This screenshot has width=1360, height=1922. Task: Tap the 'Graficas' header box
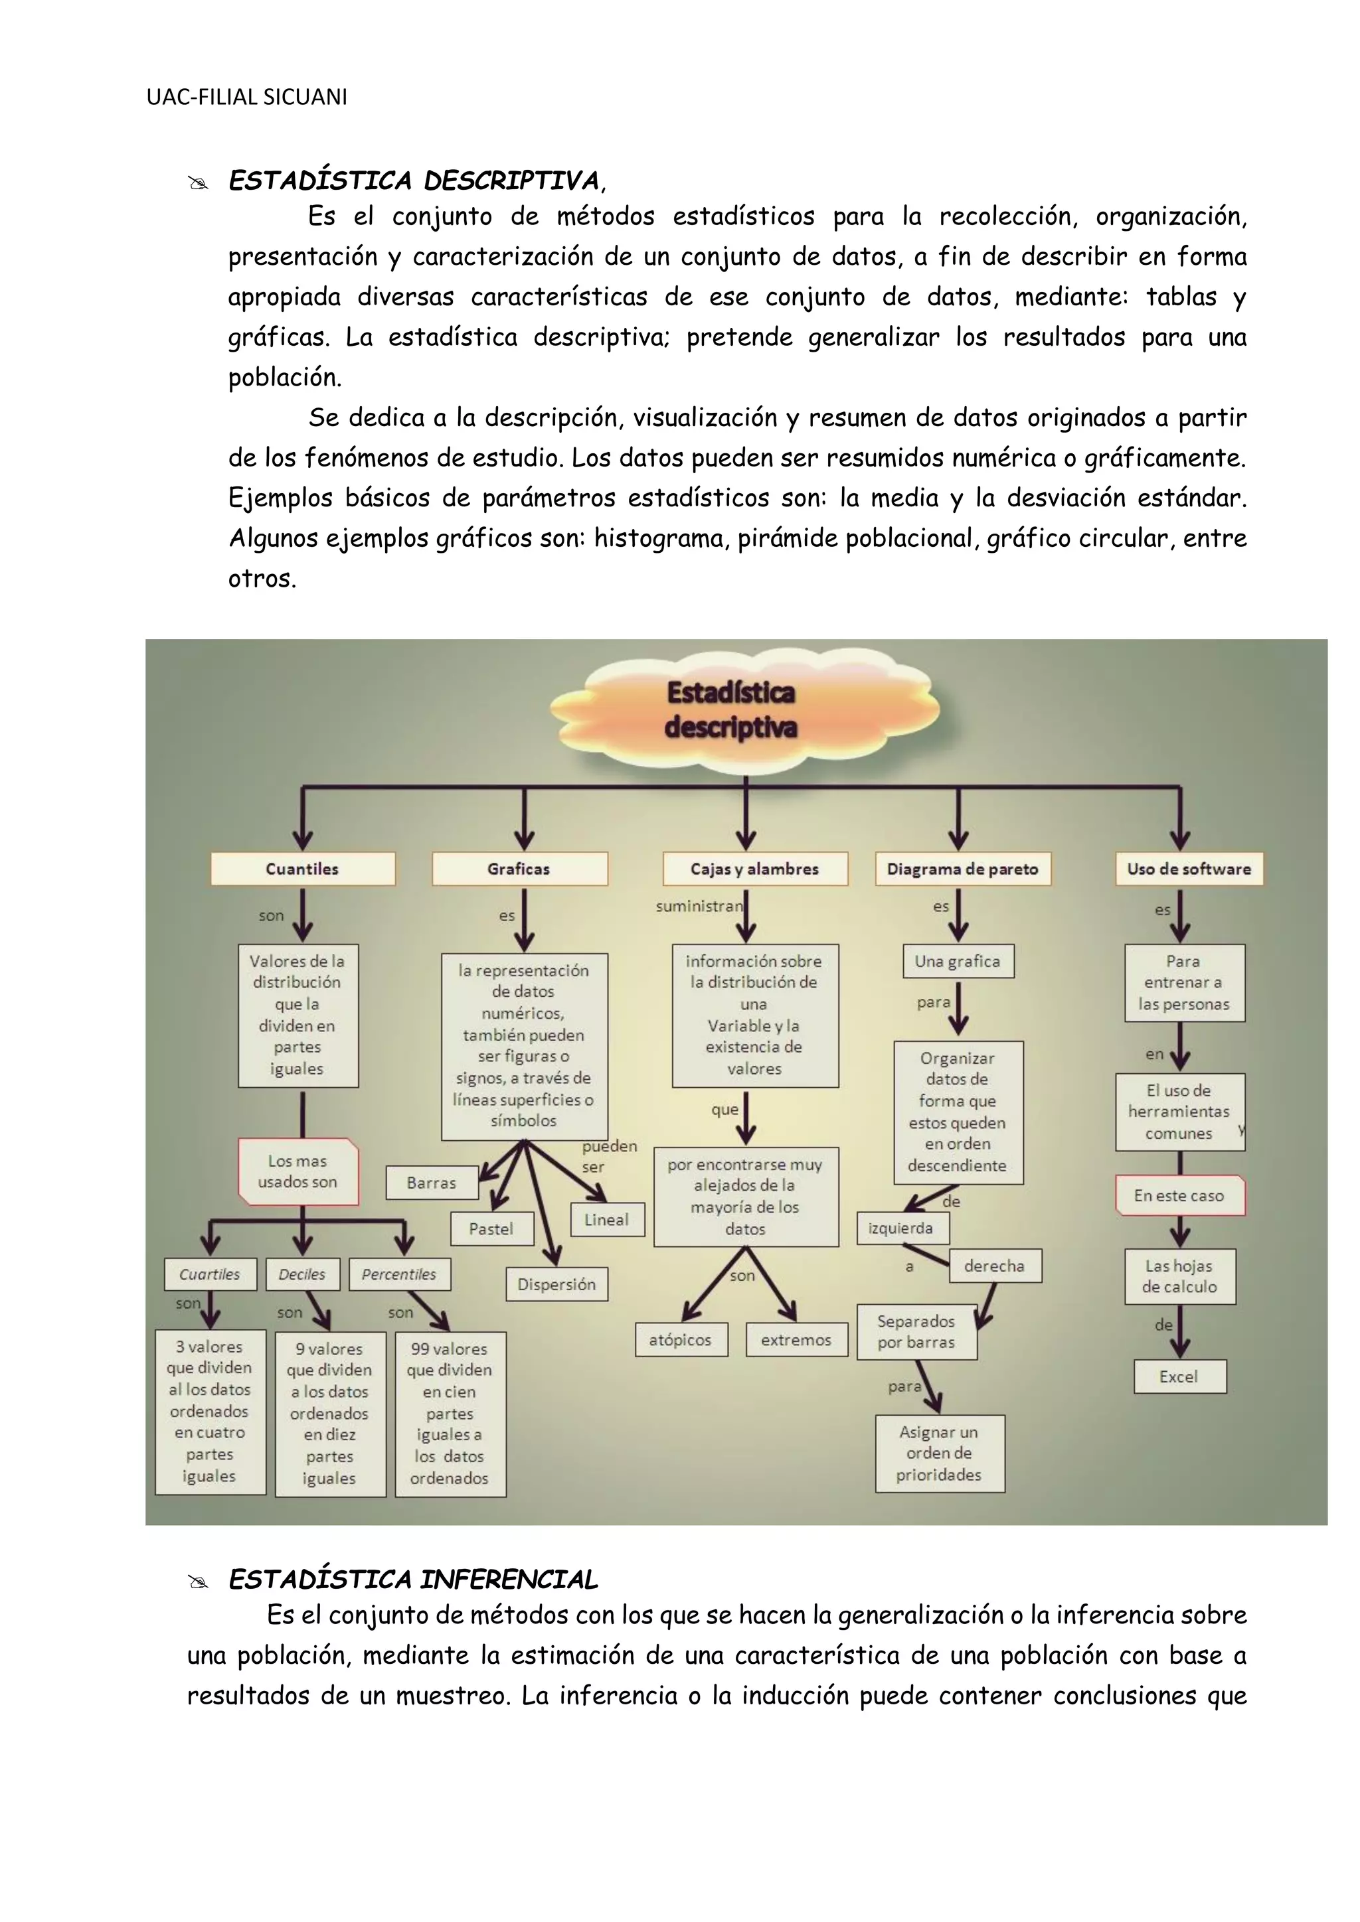point(519,869)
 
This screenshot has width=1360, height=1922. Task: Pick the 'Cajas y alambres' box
point(754,869)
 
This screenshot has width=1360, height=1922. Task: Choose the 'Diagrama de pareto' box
point(962,869)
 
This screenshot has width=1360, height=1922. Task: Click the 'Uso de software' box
point(1188,869)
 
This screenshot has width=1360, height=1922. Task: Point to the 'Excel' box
point(1179,1377)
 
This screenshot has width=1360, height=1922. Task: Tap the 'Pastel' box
point(491,1229)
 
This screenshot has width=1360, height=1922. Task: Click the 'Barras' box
point(431,1183)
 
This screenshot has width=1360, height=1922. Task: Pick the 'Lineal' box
point(606,1220)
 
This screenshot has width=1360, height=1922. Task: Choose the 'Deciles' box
point(302,1274)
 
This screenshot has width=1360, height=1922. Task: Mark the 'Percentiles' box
point(398,1274)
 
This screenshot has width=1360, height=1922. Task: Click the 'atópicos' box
point(680,1339)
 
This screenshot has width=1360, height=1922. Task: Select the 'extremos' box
point(796,1339)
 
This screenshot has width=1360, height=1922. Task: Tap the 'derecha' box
point(994,1266)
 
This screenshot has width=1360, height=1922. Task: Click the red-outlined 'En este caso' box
point(1179,1195)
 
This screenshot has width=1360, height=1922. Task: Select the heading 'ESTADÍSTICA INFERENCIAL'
point(414,1580)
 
